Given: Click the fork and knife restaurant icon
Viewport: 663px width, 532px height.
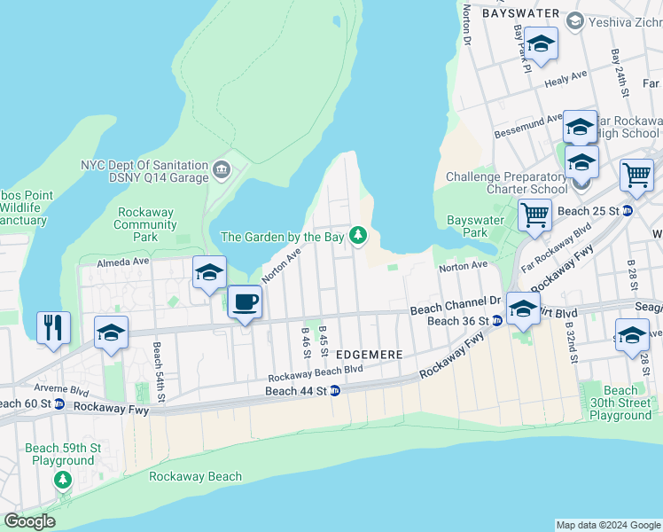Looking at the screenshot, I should click(54, 327).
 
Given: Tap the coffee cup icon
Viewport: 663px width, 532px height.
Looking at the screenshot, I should click(246, 301).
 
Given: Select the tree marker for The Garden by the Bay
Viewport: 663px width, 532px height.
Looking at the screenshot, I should click(358, 235).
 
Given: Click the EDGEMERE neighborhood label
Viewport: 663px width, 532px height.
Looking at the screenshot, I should click(370, 354).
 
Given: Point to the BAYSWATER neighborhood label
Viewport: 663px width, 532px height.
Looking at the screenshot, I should click(520, 13).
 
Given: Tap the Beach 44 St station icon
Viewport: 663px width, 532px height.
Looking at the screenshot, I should click(335, 391).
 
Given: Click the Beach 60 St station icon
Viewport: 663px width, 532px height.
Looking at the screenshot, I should click(59, 404).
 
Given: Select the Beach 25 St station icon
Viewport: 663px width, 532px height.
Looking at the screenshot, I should click(627, 211).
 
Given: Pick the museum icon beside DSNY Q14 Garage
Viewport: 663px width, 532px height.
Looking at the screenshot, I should click(220, 166).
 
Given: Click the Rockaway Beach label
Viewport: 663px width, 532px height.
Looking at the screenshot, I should click(195, 476).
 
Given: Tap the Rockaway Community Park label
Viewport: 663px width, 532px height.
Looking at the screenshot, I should click(145, 224).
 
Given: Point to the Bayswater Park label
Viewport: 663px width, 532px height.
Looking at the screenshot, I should click(467, 226).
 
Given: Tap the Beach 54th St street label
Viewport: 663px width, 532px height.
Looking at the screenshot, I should click(157, 372).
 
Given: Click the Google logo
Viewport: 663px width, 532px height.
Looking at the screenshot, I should click(29, 521).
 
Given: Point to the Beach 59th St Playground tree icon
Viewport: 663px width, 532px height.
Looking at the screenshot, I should click(62, 480).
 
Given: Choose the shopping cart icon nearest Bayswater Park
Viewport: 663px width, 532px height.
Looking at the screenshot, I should click(534, 215).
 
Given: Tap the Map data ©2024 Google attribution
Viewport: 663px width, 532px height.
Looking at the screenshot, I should click(608, 525).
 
